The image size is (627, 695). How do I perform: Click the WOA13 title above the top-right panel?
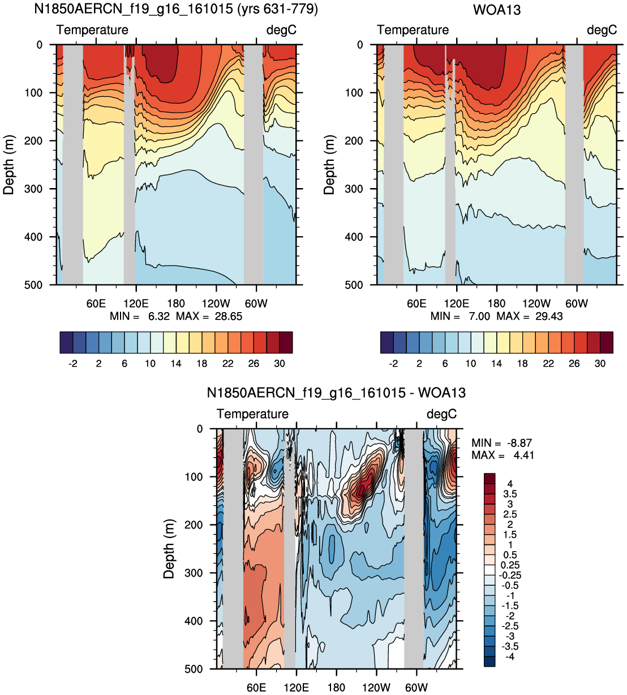pyautogui.click(x=496, y=10)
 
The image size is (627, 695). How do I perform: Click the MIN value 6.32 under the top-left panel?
pyautogui.click(x=159, y=316)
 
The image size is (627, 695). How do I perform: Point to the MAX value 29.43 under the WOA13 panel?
pyautogui.click(x=548, y=316)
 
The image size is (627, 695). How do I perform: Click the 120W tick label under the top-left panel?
pyautogui.click(x=216, y=304)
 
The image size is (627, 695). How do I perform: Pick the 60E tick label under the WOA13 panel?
pyautogui.click(x=416, y=304)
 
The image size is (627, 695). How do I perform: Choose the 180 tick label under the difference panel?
pyautogui.click(x=336, y=688)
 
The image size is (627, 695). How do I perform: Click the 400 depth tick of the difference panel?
pyautogui.click(x=194, y=621)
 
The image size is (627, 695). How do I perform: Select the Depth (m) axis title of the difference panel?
pyautogui.click(x=169, y=549)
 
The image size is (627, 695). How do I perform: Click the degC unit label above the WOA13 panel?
pyautogui.click(x=602, y=30)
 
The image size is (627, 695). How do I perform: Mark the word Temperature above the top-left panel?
pyautogui.click(x=92, y=30)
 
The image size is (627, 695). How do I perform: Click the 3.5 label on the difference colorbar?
pyautogui.click(x=510, y=494)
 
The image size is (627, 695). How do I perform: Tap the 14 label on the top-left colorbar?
pyautogui.click(x=176, y=364)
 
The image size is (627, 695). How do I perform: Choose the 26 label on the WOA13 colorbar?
pyautogui.click(x=574, y=364)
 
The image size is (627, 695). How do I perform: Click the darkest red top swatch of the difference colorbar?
pyautogui.click(x=489, y=479)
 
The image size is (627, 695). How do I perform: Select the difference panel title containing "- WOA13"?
pyautogui.click(x=336, y=393)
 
